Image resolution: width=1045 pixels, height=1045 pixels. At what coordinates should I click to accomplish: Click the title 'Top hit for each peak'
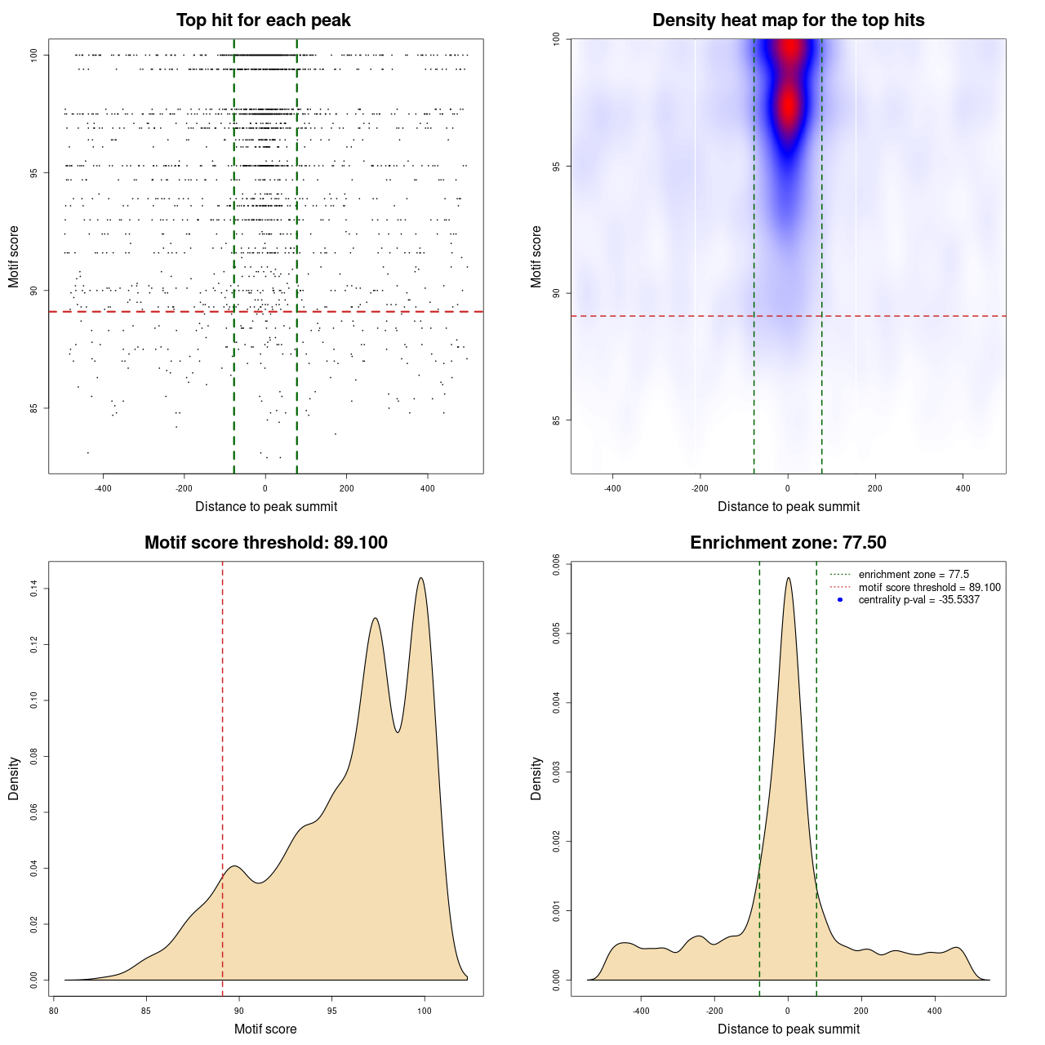pos(263,20)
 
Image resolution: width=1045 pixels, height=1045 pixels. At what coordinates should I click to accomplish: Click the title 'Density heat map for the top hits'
pos(788,20)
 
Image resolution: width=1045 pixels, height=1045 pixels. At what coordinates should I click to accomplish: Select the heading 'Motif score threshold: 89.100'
pos(265,543)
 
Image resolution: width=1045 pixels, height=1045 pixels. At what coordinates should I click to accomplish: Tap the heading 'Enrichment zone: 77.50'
pos(788,543)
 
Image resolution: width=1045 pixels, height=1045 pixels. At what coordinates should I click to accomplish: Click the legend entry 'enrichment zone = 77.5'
pos(914,575)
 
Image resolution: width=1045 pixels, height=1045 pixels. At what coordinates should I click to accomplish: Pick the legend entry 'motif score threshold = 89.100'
pos(929,588)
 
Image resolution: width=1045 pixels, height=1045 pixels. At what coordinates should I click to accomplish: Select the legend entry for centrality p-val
pos(918,600)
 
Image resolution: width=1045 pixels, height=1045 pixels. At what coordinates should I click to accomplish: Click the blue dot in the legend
pos(840,600)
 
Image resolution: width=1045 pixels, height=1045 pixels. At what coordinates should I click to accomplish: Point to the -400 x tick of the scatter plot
pos(103,488)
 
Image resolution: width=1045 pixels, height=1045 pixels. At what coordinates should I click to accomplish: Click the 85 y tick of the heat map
pos(556,420)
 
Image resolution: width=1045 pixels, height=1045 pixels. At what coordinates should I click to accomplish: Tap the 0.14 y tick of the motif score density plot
pos(33,589)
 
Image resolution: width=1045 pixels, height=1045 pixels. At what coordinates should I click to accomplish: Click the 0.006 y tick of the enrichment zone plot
pos(556,565)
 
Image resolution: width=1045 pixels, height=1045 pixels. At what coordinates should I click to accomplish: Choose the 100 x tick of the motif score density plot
pos(424,1011)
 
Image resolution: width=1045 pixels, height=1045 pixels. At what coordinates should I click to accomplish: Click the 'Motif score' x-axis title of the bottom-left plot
pos(265,1029)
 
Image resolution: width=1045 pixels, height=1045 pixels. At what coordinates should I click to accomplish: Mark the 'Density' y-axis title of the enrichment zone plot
pos(536,778)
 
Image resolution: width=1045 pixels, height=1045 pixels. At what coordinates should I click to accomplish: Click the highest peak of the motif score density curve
pos(421,578)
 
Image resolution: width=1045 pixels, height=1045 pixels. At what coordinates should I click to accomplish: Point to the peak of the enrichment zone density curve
pos(788,578)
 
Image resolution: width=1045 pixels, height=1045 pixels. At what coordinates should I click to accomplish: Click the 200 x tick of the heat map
pos(875,488)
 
